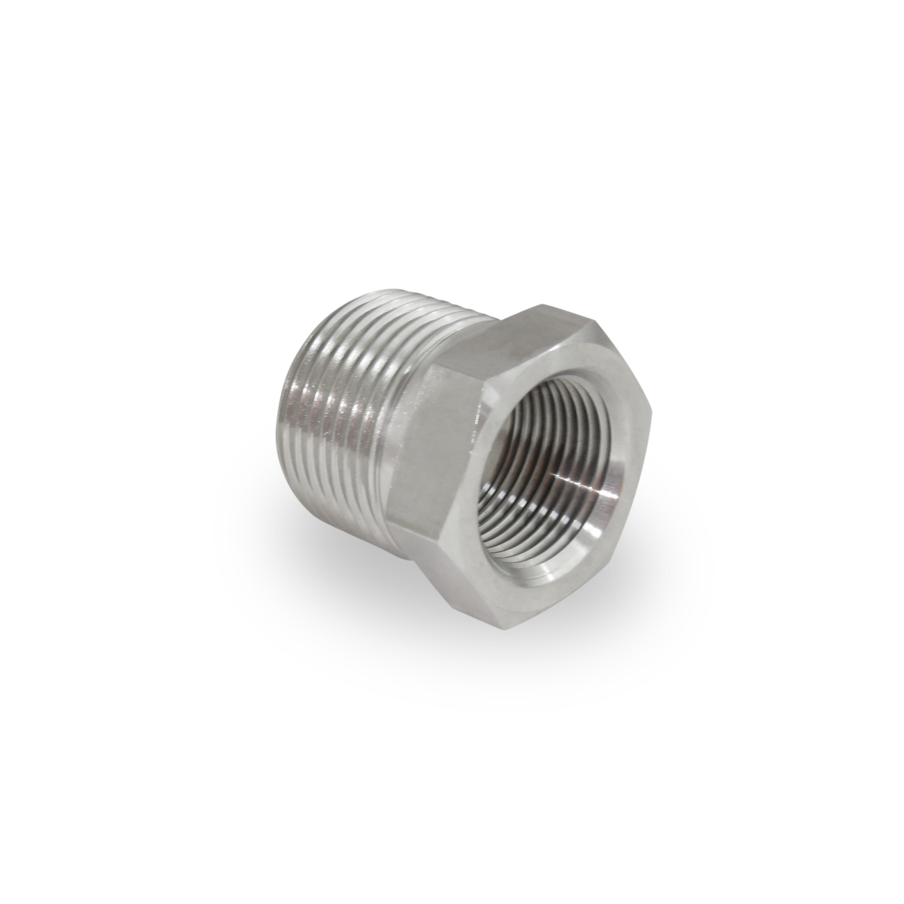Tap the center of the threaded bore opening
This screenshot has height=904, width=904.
(x=552, y=468)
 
